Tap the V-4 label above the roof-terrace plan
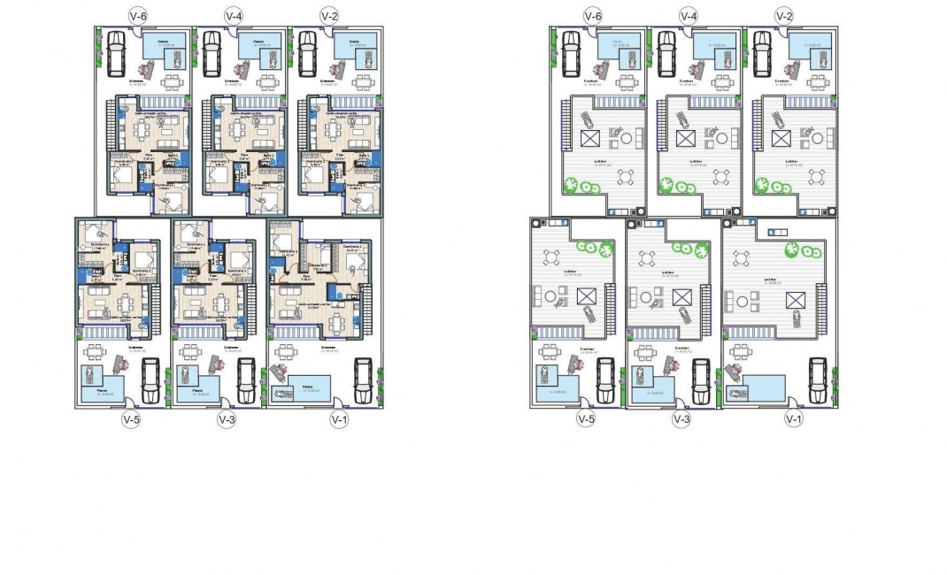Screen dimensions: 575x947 click(x=687, y=16)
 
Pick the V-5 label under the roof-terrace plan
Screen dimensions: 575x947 click(x=584, y=418)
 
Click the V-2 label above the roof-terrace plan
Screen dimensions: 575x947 click(x=783, y=16)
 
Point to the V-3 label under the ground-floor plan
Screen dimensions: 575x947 click(x=227, y=418)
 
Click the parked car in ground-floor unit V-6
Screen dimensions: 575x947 click(x=115, y=56)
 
